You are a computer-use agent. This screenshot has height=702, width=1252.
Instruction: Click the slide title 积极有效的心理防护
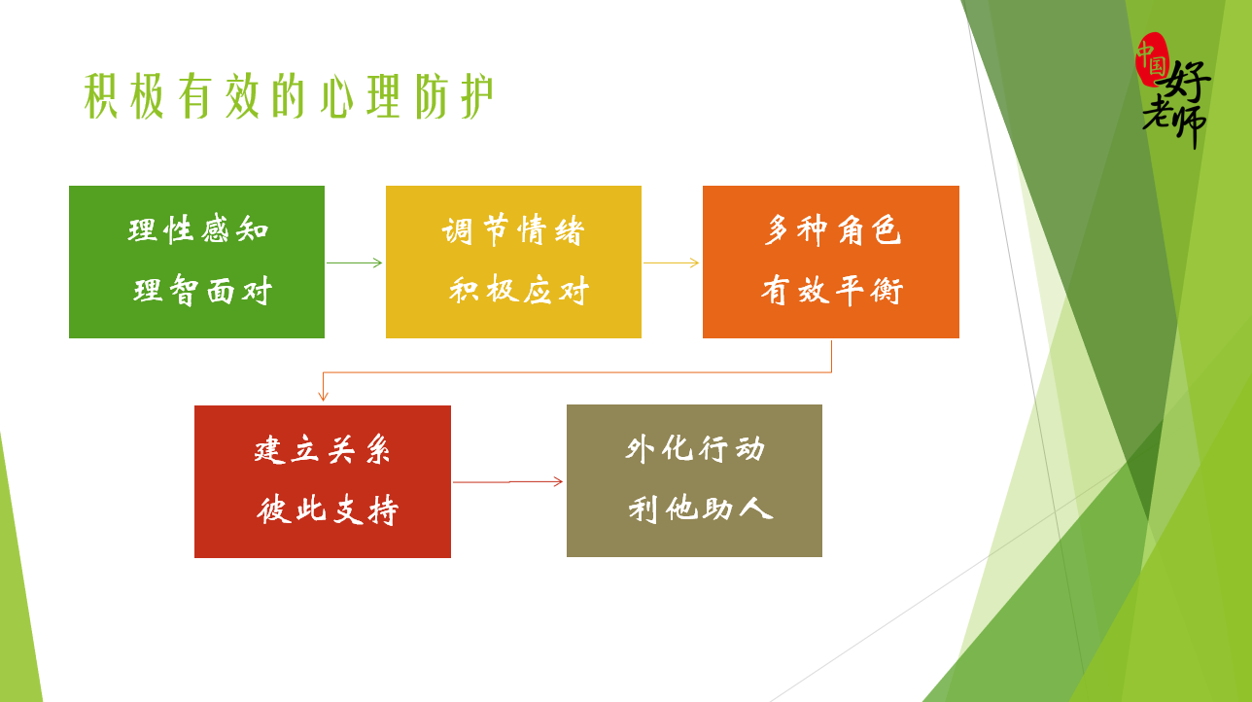tap(289, 96)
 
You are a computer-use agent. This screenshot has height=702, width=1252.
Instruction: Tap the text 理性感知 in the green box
tap(198, 229)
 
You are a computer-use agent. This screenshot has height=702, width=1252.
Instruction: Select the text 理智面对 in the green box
tap(202, 290)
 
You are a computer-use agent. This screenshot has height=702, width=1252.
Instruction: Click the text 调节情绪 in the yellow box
tap(513, 230)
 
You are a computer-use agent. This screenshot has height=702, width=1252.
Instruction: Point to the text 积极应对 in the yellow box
tap(519, 290)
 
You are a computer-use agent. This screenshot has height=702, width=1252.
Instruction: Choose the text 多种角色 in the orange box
tap(832, 229)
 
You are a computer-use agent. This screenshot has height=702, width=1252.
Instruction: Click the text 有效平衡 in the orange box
tap(832, 290)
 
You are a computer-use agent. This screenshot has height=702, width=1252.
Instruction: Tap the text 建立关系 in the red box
tap(322, 449)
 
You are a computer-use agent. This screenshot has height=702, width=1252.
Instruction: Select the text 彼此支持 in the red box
tap(328, 509)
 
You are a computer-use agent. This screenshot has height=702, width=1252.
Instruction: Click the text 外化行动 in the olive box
tap(695, 449)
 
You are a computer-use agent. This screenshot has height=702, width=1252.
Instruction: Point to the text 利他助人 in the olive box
tap(700, 509)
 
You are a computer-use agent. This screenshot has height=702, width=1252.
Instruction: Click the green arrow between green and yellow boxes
tap(355, 263)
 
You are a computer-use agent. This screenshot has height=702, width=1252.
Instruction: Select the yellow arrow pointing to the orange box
tap(672, 263)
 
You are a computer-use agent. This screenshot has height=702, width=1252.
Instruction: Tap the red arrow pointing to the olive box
tap(508, 482)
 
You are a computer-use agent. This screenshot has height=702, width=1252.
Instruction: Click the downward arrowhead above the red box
tap(323, 396)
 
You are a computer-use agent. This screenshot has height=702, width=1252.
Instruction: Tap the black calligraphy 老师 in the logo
tap(1174, 122)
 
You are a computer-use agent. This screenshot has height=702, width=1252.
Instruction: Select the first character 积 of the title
tap(101, 96)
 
